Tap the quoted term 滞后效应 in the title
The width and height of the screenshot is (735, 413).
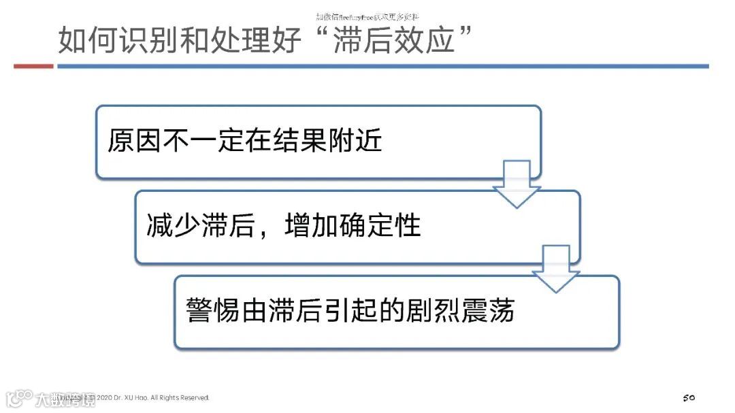[394, 41]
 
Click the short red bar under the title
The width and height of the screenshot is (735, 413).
[33, 66]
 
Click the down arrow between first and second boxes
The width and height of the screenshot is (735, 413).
[517, 184]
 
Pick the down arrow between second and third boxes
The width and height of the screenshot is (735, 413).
[555, 269]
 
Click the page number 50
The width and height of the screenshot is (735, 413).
[688, 397]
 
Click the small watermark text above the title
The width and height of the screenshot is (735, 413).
[367, 16]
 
